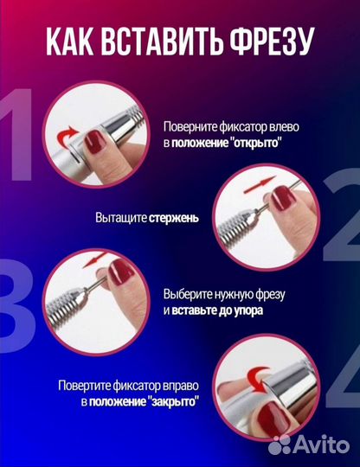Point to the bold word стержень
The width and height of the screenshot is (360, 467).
click(x=174, y=218)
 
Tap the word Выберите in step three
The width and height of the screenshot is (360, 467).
click(x=185, y=293)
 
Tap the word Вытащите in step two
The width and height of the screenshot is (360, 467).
click(x=120, y=218)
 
